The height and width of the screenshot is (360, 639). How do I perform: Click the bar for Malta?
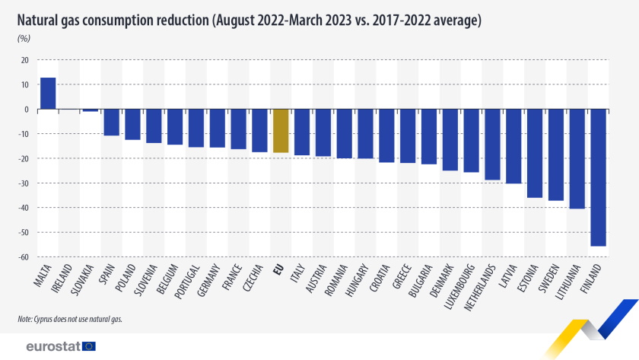pyautogui.click(x=47, y=94)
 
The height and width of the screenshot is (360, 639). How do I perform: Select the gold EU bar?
pyautogui.click(x=280, y=131)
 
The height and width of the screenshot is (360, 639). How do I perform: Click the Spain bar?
pyautogui.click(x=111, y=123)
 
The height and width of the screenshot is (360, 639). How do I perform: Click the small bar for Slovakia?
pyautogui.click(x=90, y=110)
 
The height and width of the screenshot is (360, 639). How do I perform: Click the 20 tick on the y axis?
pyautogui.click(x=24, y=60)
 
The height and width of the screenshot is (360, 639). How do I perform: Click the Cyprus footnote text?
pyautogui.click(x=70, y=319)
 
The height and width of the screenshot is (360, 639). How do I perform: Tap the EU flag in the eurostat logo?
pyautogui.click(x=89, y=346)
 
